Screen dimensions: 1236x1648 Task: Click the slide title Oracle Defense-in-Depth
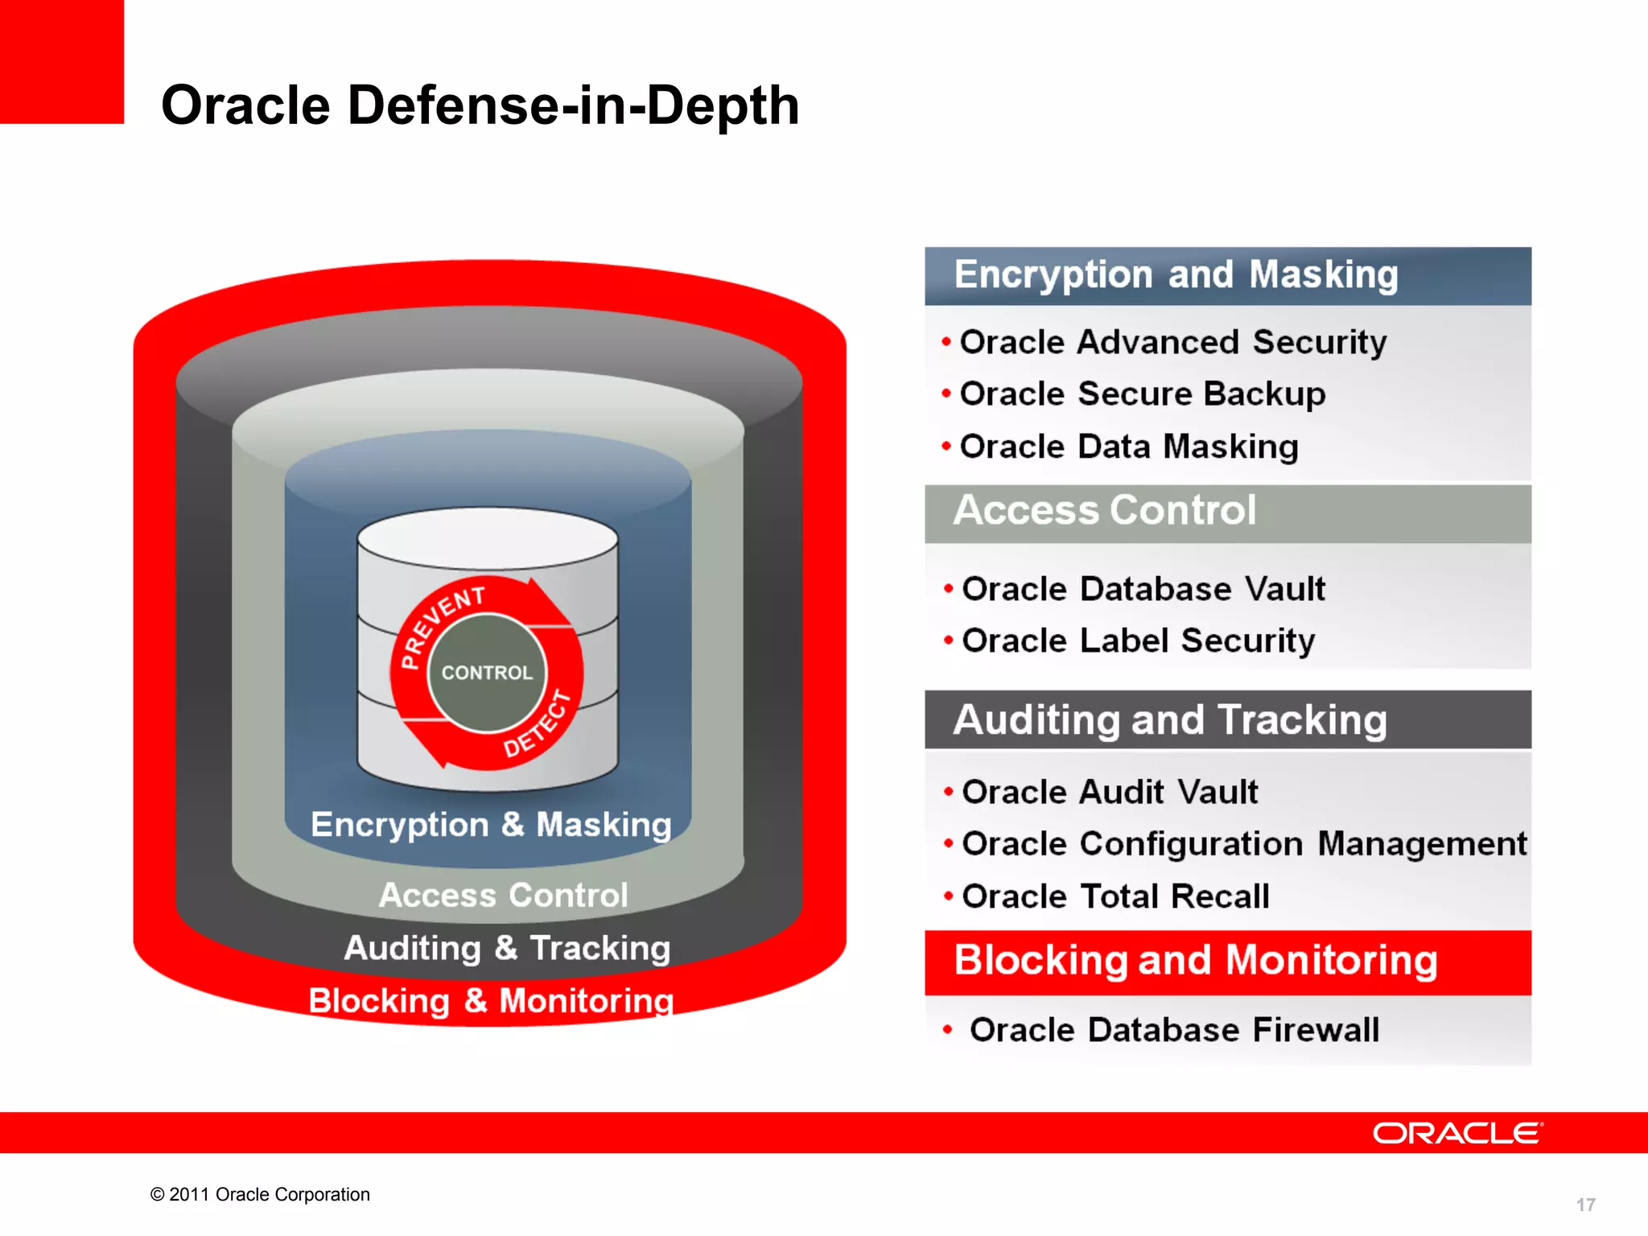coord(480,105)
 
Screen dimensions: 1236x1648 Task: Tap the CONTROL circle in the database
coord(487,673)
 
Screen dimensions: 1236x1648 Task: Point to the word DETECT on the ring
coord(538,724)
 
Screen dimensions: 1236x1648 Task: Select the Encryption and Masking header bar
coord(1227,275)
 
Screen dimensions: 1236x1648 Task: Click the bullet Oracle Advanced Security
coord(1172,342)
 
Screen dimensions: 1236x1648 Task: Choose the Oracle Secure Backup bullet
coord(1142,394)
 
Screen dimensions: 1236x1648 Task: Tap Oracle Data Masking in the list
coord(1128,447)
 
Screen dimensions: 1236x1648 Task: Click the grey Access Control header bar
coord(1227,512)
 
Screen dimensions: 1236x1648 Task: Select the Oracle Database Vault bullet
coord(1143,589)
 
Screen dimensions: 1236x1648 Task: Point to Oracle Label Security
coord(1138,641)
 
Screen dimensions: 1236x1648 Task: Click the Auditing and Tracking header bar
coord(1227,719)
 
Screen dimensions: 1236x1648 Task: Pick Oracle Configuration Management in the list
coord(1243,844)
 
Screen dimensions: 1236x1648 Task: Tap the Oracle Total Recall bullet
coord(1114,896)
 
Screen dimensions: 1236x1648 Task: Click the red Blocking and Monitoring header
coord(1227,961)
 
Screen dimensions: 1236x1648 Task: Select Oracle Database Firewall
coord(1173,1030)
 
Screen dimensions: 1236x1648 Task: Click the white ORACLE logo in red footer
coord(1456,1133)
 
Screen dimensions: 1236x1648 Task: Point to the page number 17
coord(1585,1205)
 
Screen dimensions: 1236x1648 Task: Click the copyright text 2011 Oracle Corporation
coord(260,1194)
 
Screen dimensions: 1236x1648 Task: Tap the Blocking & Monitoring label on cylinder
coord(491,1001)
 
